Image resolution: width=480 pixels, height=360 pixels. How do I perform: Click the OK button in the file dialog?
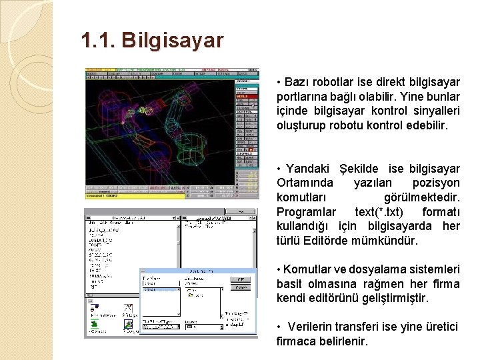pyautogui.click(x=241, y=279)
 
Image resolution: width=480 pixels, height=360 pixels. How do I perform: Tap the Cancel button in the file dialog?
pyautogui.click(x=241, y=289)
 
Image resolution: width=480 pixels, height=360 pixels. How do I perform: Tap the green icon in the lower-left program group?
pyautogui.click(x=96, y=325)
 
